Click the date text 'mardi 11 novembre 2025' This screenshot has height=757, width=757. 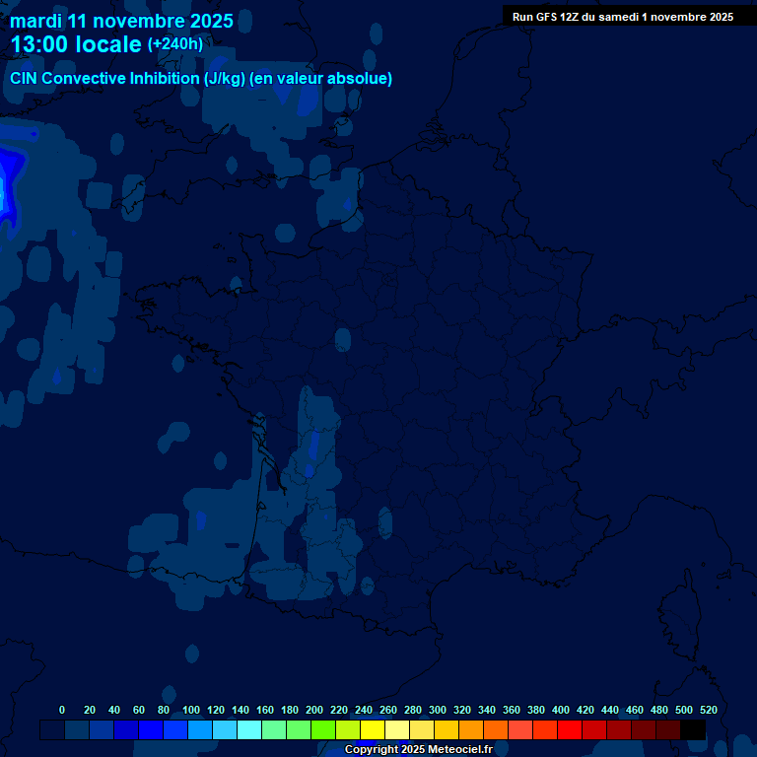coord(121,21)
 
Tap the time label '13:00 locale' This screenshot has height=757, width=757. coord(76,44)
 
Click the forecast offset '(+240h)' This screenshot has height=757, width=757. coord(174,44)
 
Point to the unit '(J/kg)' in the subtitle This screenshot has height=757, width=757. coord(222,79)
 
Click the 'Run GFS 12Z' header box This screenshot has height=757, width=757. coord(622,17)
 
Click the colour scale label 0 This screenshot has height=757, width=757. coord(62,710)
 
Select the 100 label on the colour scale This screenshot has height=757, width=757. coord(191,710)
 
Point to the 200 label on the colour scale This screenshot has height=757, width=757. coord(314,710)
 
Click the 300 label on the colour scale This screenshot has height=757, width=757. coord(438,710)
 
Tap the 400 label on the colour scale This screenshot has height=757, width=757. coord(561,710)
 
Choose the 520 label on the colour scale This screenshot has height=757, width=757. coord(709,710)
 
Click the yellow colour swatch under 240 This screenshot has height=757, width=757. coord(372,730)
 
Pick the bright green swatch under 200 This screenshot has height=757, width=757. coord(322,730)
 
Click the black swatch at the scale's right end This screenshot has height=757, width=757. coord(693,730)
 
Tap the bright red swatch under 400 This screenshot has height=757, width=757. coord(569,730)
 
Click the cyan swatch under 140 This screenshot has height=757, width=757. coord(248,730)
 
